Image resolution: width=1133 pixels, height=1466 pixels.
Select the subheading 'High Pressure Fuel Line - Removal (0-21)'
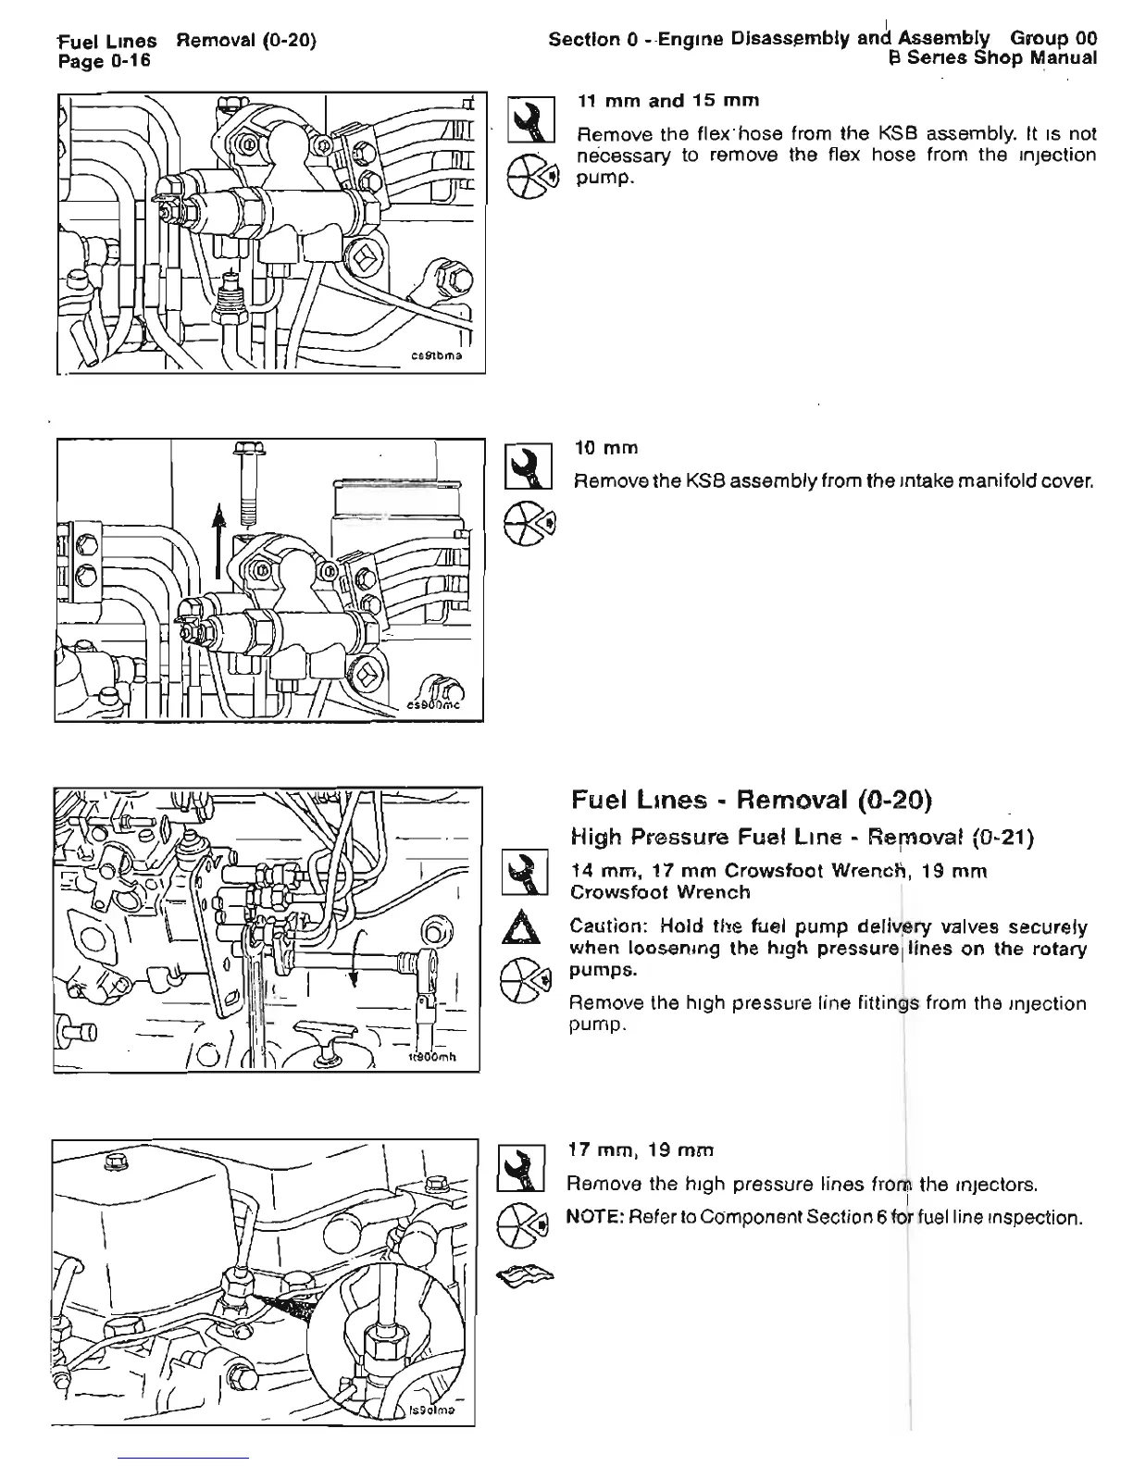(x=803, y=838)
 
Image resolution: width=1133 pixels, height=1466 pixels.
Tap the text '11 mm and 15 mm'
(x=668, y=101)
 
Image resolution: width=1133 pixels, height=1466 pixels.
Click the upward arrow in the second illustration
(x=218, y=540)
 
